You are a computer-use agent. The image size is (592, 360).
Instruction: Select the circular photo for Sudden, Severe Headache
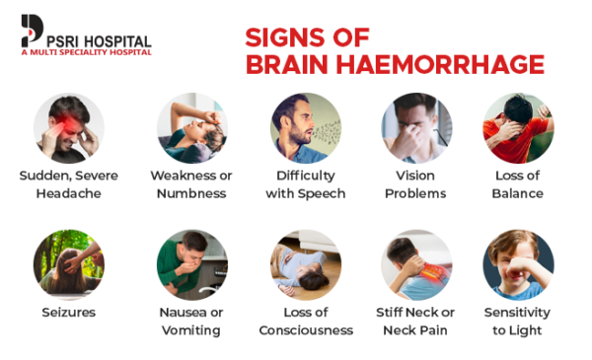(69, 128)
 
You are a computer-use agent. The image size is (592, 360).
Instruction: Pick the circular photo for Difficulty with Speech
(306, 128)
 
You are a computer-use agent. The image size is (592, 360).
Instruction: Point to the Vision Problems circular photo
(416, 128)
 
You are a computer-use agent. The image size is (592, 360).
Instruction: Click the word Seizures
(69, 313)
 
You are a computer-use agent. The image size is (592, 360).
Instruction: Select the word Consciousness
(306, 330)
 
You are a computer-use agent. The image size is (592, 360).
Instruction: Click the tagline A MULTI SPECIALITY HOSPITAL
(86, 51)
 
